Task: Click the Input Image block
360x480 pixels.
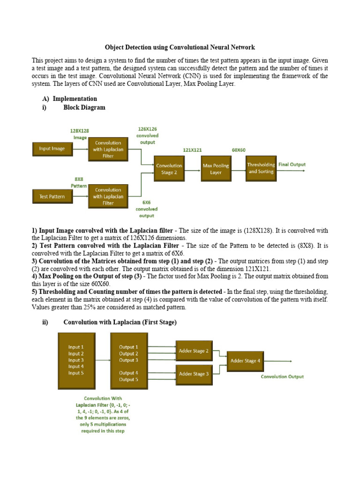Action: (x=52, y=149)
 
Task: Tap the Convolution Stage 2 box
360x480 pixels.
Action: (x=169, y=169)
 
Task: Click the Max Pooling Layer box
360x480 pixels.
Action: (x=216, y=169)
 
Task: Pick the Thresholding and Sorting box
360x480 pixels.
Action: (x=261, y=168)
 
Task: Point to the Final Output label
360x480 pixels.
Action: (x=292, y=165)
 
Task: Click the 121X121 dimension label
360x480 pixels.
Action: (x=192, y=150)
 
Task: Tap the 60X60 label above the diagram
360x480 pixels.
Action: (x=239, y=150)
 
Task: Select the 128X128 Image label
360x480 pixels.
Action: (x=79, y=134)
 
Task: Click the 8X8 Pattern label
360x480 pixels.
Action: (x=79, y=182)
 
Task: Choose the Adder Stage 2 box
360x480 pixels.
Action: (x=194, y=351)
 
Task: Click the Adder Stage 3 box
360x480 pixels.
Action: (x=194, y=374)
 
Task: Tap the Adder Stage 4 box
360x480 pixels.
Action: (x=246, y=361)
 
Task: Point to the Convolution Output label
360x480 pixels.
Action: (x=282, y=376)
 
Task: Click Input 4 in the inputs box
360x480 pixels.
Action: (x=76, y=367)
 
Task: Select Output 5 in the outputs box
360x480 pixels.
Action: (x=128, y=380)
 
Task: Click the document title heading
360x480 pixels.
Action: (x=180, y=47)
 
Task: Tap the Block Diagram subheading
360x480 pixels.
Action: (x=84, y=107)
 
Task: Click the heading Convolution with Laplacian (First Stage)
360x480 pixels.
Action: (x=120, y=322)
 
